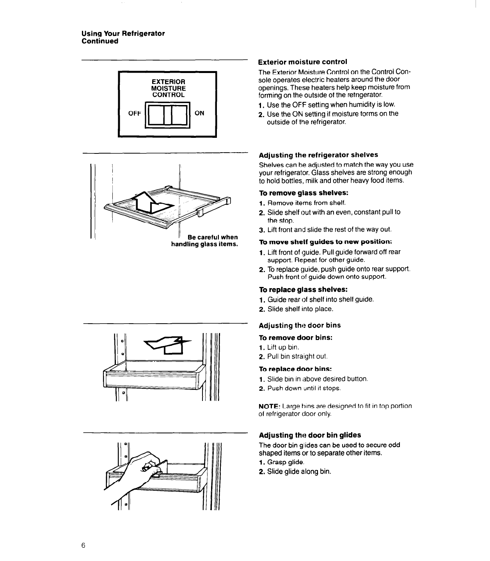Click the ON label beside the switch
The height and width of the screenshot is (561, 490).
(x=199, y=113)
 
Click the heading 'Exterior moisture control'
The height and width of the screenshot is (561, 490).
(x=303, y=62)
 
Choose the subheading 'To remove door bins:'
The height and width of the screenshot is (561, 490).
(x=296, y=337)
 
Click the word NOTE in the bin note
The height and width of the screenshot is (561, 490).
(x=268, y=406)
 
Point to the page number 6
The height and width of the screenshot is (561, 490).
(x=83, y=545)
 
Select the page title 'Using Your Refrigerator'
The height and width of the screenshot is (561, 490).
(x=123, y=33)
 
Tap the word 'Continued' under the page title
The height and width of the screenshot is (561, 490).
(x=99, y=41)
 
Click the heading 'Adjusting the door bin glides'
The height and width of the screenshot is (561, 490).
(x=310, y=435)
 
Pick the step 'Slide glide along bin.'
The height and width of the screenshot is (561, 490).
(x=299, y=471)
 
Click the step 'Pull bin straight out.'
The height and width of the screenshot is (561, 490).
(x=297, y=356)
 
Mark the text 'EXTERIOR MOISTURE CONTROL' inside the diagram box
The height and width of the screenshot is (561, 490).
(x=168, y=88)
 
